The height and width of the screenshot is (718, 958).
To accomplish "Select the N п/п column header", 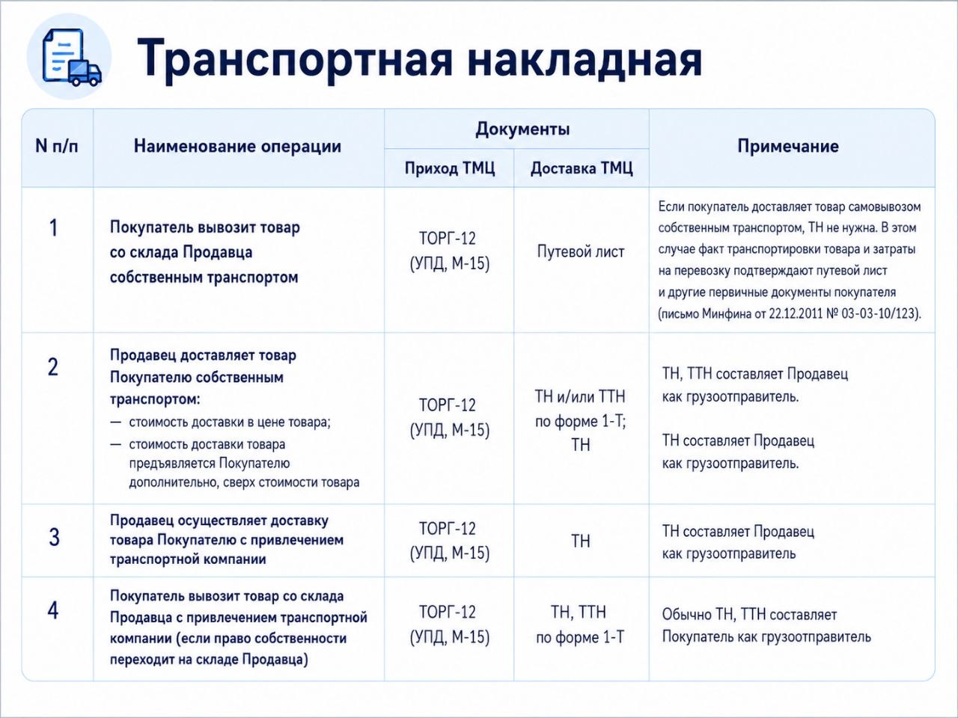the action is [57, 146].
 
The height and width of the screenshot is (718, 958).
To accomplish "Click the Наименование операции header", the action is [237, 146].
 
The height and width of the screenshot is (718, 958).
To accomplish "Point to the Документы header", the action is [522, 129].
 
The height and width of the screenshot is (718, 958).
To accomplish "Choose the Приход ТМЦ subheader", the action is [450, 168].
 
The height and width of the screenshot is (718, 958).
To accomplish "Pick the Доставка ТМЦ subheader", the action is [582, 168].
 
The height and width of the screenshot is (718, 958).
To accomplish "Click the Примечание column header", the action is [788, 147].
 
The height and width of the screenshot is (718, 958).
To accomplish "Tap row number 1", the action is [53, 228].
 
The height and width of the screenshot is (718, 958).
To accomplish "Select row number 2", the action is [53, 367].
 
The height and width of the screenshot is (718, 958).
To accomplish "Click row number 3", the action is [54, 537].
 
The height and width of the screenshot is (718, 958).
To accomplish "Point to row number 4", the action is [53, 610].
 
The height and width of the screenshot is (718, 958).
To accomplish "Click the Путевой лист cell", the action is [581, 252].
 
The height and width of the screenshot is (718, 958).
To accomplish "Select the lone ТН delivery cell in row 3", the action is [581, 541].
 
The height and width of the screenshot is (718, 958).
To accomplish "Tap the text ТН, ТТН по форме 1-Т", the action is [579, 625].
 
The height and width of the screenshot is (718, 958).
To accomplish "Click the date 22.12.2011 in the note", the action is [794, 314].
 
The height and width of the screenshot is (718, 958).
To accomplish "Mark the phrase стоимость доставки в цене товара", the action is [230, 423].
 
